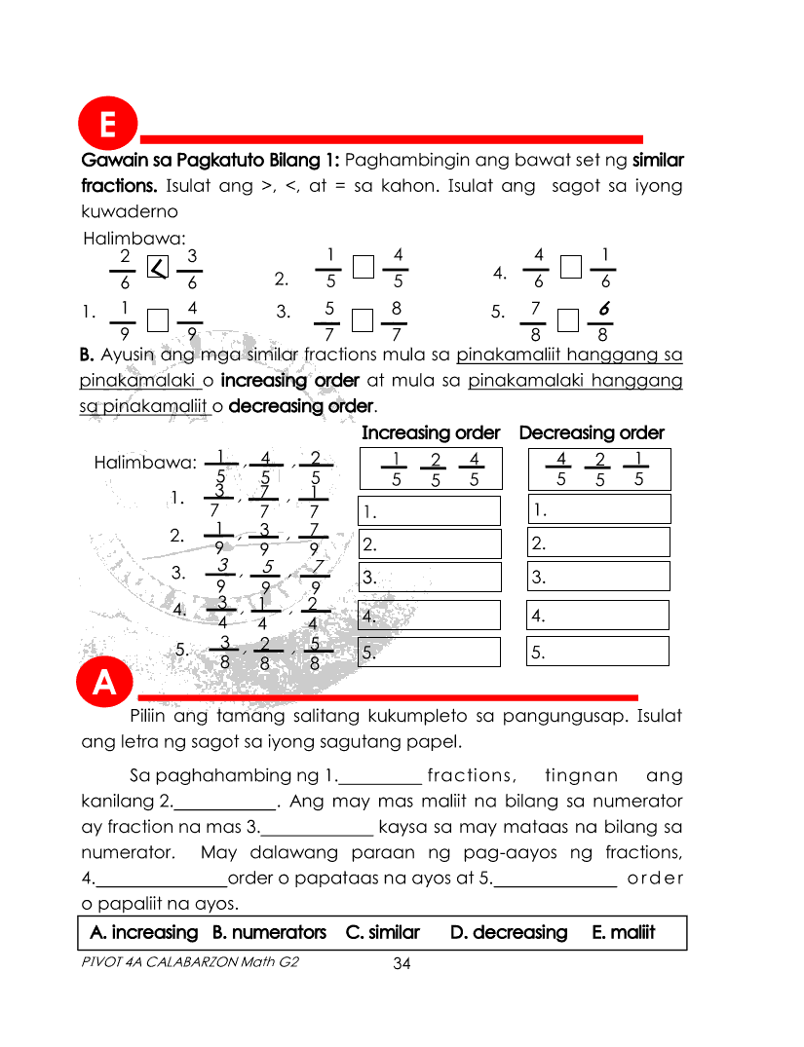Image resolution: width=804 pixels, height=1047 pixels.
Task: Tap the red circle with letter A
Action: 105,685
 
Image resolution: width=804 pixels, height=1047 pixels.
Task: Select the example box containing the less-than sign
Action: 157,267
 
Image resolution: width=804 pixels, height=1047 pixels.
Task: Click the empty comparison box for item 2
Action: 363,267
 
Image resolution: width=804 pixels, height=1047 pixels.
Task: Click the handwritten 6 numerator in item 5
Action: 605,310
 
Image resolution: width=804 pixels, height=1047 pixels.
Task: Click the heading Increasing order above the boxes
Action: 431,432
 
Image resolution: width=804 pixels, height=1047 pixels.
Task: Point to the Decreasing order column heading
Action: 592,432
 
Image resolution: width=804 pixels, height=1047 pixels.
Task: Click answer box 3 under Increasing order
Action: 430,578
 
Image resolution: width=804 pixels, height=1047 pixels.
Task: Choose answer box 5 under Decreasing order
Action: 598,652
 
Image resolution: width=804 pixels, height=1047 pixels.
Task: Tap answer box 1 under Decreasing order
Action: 598,508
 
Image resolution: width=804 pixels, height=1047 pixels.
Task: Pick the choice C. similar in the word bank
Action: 382,932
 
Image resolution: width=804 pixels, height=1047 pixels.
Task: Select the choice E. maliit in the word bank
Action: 623,932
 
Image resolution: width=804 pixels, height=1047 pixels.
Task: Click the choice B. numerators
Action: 269,932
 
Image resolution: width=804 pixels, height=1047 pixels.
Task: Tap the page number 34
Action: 402,964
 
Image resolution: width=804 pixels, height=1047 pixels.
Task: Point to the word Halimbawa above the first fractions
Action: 121,238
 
